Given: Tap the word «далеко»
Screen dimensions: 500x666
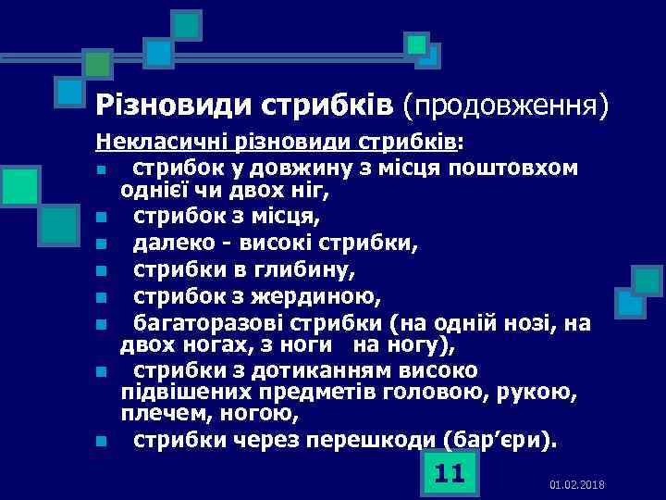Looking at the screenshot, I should click(x=165, y=244).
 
